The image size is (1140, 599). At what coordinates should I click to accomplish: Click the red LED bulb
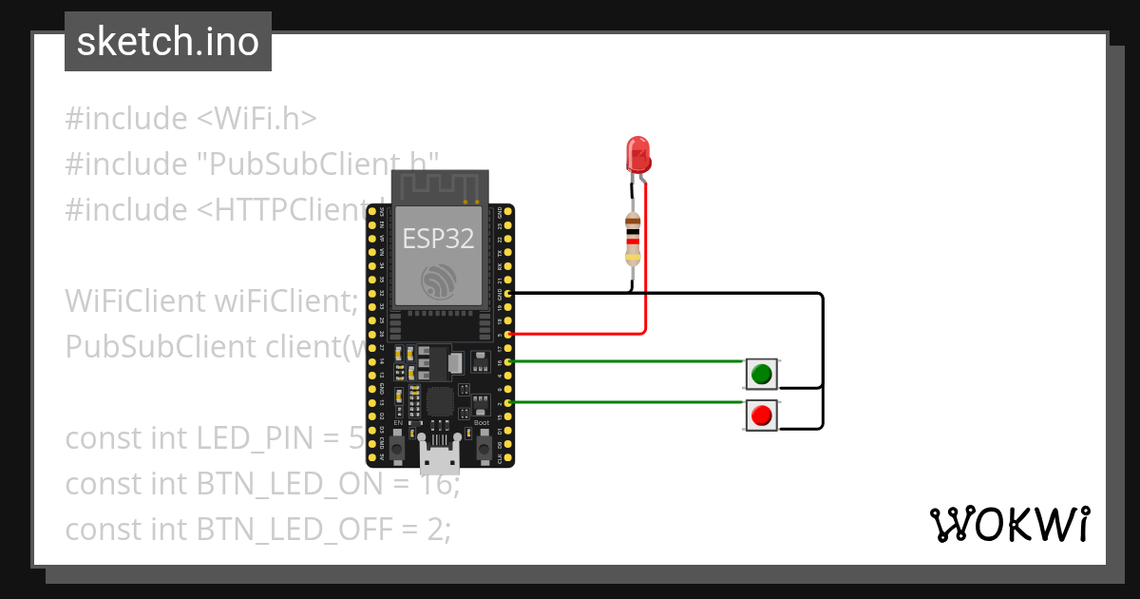636,153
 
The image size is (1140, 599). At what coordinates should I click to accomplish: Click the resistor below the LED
633,238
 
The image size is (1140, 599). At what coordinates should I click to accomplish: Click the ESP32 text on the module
438,238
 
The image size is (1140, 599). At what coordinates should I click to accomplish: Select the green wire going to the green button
627,361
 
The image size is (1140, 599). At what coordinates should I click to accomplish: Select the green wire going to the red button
627,402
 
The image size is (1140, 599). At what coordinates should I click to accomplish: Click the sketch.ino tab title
168,42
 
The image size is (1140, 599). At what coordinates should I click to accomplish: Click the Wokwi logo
1009,525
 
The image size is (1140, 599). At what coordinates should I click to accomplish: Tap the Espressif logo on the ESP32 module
439,280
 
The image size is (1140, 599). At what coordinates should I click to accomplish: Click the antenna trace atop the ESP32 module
439,186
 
